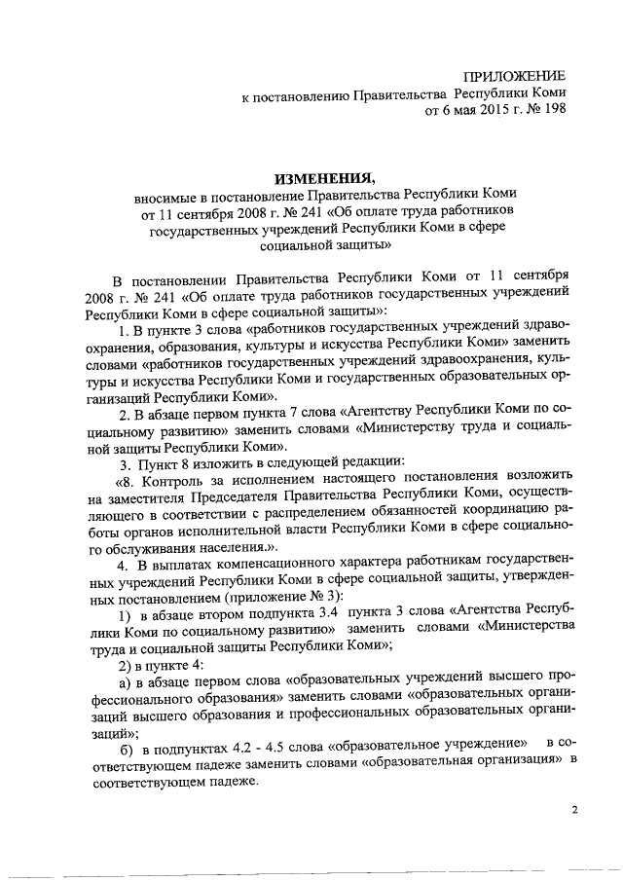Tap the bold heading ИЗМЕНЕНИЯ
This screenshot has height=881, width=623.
click(x=325, y=178)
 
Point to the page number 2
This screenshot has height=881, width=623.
click(x=574, y=810)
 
